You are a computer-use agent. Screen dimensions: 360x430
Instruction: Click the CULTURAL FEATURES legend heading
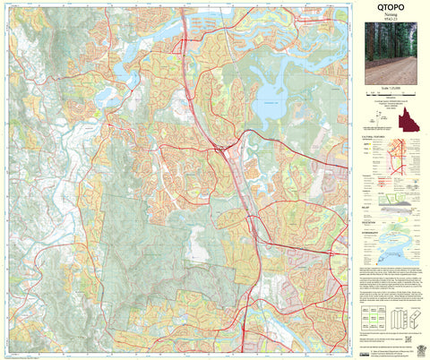tap(373, 136)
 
